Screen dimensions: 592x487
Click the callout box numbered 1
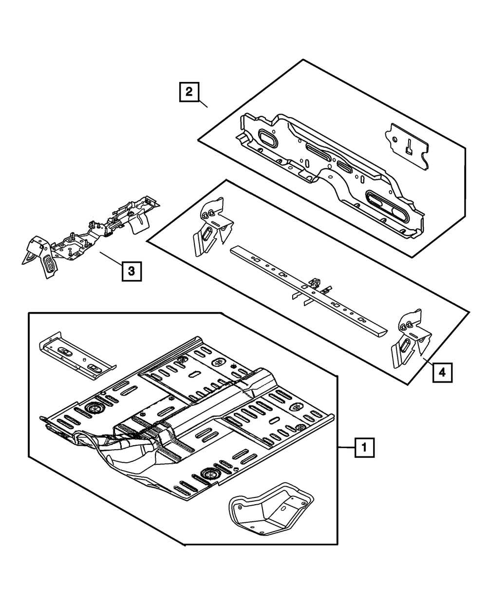tap(365, 447)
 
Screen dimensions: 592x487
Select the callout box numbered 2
tap(188, 92)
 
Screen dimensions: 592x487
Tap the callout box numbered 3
tap(131, 271)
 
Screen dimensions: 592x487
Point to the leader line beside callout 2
tap(204, 103)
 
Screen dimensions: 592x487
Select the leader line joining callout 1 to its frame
tap(346, 447)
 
